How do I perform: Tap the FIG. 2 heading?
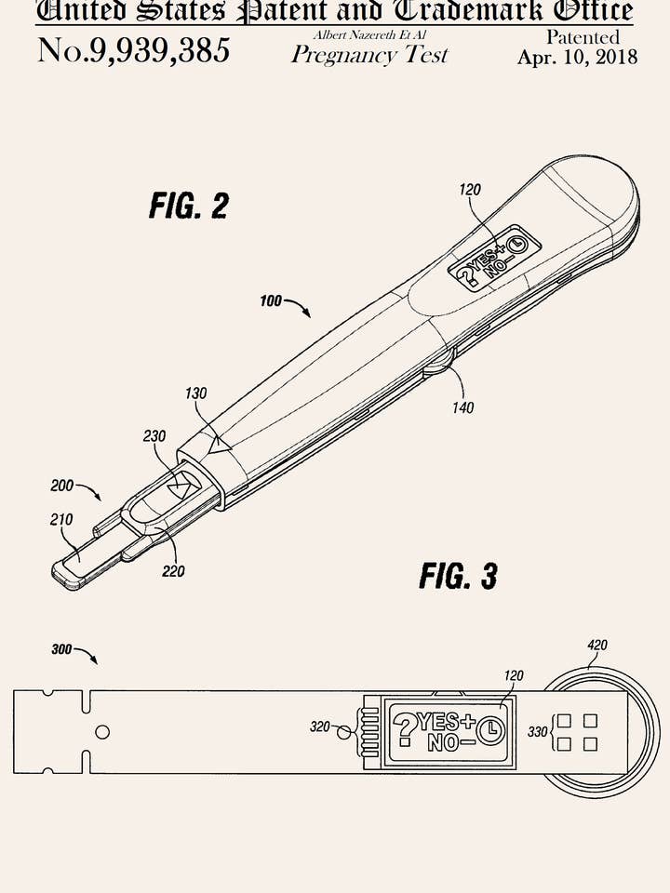click(188, 205)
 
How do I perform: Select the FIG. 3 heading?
click(458, 576)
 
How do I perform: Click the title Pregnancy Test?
click(369, 55)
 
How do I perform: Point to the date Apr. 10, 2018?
click(577, 57)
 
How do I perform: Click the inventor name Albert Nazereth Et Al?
click(369, 34)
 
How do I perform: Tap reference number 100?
click(270, 301)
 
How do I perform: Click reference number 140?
click(462, 407)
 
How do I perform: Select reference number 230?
click(154, 435)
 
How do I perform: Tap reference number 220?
click(173, 571)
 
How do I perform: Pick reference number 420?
click(597, 645)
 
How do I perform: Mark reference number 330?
click(538, 732)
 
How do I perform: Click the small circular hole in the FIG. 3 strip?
click(102, 732)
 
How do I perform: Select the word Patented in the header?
click(583, 37)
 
